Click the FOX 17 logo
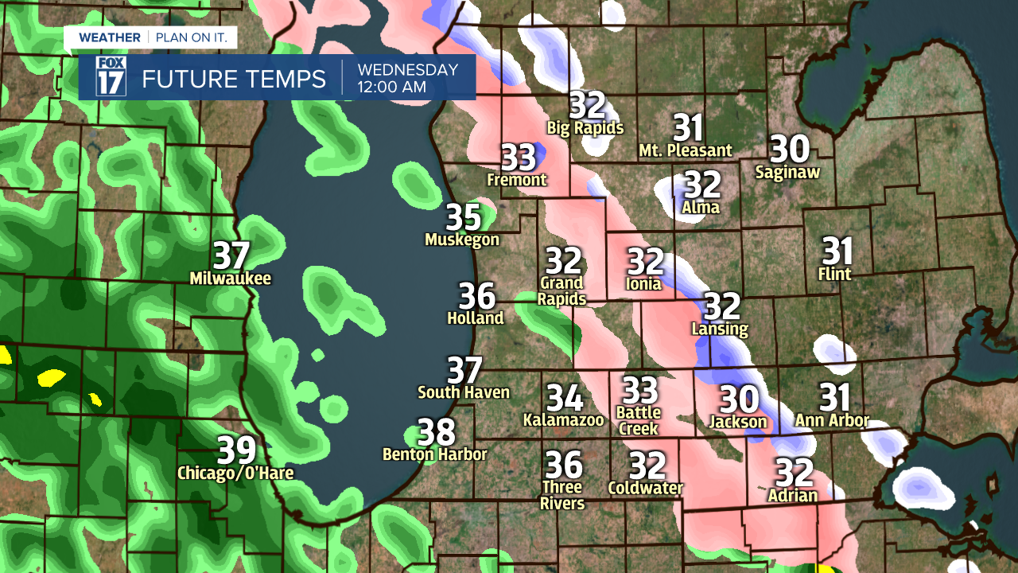[x=111, y=77]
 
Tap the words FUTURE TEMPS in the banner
[x=234, y=79]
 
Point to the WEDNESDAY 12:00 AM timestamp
[x=407, y=78]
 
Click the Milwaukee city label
[x=231, y=279]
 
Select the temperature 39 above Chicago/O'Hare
[x=237, y=450]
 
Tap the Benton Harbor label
[x=434, y=454]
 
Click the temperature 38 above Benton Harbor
[x=437, y=432]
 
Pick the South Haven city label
[x=464, y=392]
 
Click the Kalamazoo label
[x=564, y=419]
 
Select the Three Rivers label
[x=562, y=495]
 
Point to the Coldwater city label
[x=646, y=488]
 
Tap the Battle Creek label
[x=639, y=420]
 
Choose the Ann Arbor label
[x=832, y=421]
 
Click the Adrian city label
[x=793, y=496]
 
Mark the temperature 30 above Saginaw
[x=790, y=149]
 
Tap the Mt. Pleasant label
[x=686, y=150]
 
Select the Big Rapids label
[x=585, y=127]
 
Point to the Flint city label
[x=834, y=275]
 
